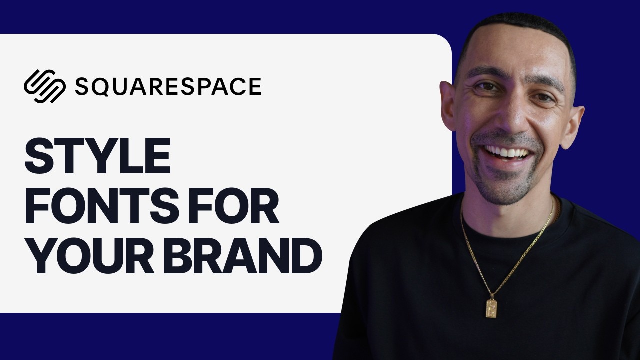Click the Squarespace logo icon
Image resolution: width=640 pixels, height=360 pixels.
(45, 86)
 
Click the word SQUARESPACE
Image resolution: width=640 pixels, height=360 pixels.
(168, 86)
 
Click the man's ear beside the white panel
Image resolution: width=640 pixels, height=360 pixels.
(447, 105)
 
